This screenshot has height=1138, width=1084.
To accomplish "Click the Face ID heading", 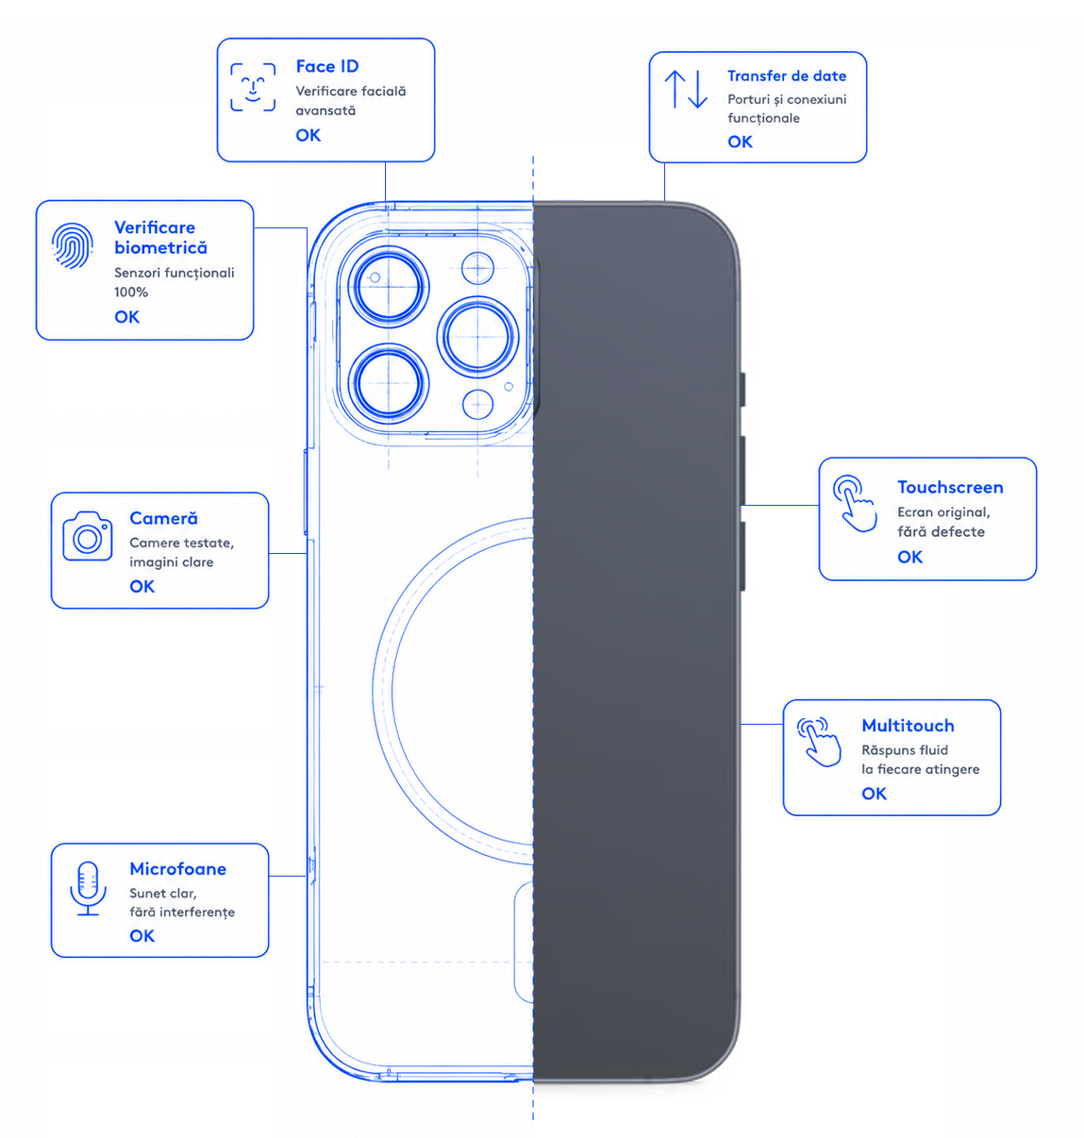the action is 327,66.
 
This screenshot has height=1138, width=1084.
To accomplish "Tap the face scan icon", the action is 253,87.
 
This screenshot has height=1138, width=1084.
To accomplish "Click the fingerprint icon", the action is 73,245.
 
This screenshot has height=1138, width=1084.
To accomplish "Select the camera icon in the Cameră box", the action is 88,536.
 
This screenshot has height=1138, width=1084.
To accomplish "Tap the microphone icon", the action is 88,888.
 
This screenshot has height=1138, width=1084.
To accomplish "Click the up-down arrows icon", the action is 686,89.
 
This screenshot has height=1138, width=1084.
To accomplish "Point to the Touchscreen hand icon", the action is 855,503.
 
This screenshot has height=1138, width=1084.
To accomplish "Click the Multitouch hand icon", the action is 818,742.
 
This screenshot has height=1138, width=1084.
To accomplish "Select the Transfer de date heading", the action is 787,75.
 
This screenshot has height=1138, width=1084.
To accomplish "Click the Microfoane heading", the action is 177,868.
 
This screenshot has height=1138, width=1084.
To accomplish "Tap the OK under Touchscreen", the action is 909,557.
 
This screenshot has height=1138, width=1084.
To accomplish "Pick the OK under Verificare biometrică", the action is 126,317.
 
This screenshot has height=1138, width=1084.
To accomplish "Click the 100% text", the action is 131,292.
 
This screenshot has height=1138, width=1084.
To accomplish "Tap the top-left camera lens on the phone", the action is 389,287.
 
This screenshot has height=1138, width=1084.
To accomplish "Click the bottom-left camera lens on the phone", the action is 389,384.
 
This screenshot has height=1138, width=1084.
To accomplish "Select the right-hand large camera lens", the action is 477,337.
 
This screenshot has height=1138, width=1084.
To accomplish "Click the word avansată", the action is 325,110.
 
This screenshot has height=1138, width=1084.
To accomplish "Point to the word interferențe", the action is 197,912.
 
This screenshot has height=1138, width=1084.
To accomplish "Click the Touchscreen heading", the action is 950,487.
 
